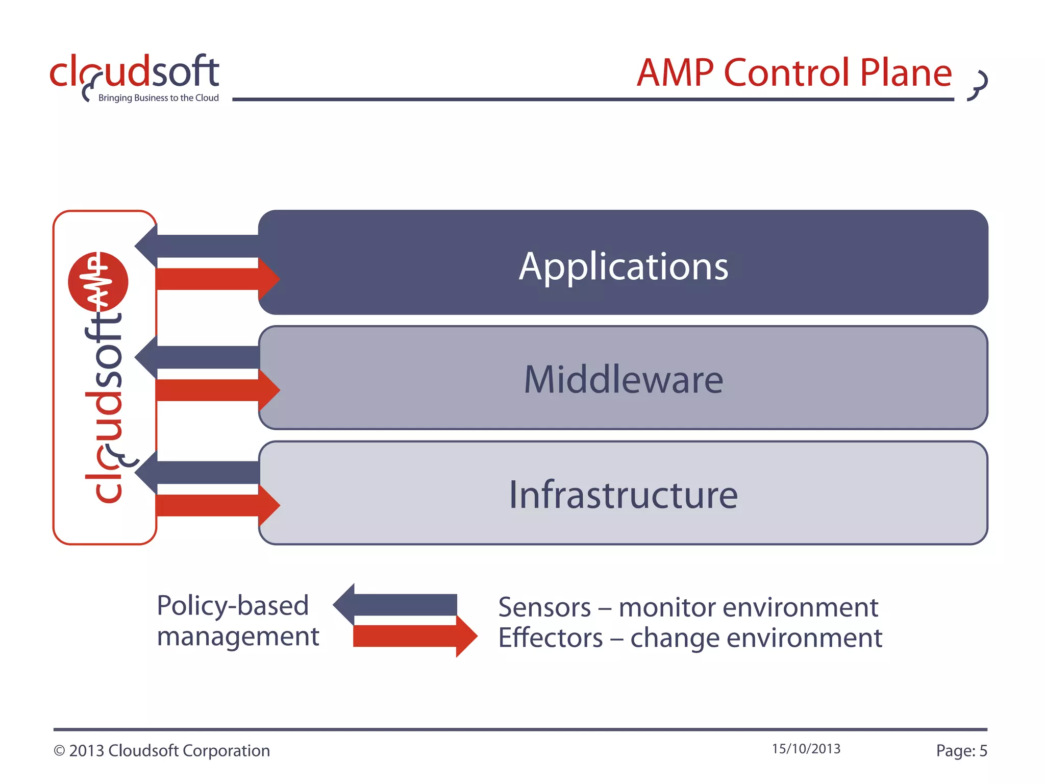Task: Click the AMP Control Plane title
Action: pos(794,73)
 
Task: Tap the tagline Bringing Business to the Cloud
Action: pos(158,98)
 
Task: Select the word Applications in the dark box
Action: pos(624,266)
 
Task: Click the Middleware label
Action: pos(624,380)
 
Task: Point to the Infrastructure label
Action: pos(624,495)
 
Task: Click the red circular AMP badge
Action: pos(98,282)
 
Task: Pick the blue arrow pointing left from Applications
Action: pos(199,246)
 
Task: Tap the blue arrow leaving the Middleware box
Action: pos(199,357)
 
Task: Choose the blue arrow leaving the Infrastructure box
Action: pos(199,473)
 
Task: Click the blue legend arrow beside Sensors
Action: pos(398,605)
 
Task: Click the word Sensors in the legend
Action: pos(544,607)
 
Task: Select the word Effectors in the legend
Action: pos(551,638)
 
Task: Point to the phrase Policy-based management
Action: pos(237,621)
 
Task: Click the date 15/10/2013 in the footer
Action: pos(806,749)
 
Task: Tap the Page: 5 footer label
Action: pos(961,751)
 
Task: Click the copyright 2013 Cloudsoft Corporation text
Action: pos(162,751)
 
